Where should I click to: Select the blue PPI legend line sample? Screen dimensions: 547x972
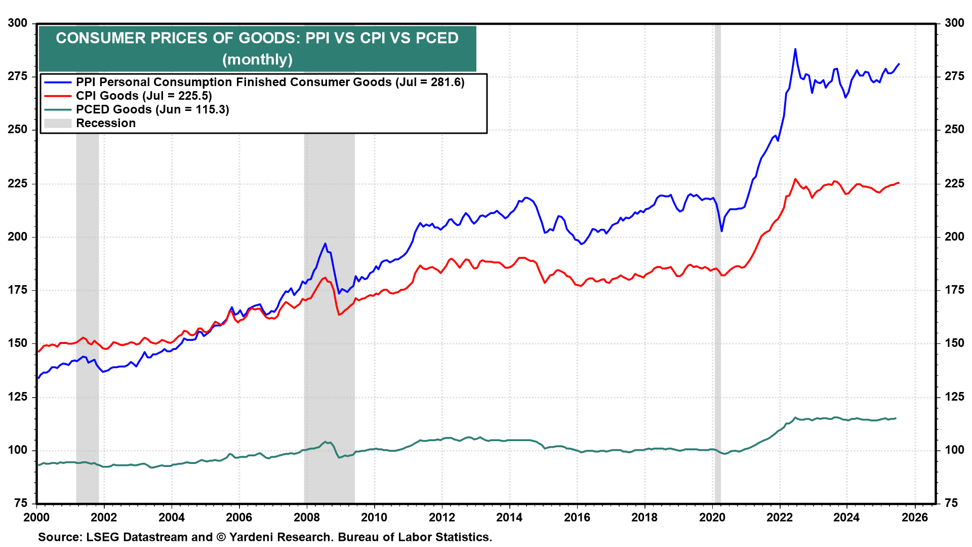pyautogui.click(x=58, y=82)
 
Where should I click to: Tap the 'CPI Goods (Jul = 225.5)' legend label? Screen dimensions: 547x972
pyautogui.click(x=144, y=96)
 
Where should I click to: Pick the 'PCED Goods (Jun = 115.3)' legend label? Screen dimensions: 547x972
pyautogui.click(x=152, y=109)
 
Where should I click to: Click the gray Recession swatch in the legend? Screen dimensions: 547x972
pyautogui.click(x=58, y=123)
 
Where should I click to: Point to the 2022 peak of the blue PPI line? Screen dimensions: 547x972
pyautogui.click(x=795, y=49)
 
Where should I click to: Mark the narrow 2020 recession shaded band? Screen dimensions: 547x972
pyautogui.click(x=717, y=304)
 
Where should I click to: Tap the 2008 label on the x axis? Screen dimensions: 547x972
pyautogui.click(x=307, y=517)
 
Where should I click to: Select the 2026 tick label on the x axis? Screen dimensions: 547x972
pyautogui.click(x=915, y=517)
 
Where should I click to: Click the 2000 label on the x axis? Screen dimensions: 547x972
pyautogui.click(x=36, y=517)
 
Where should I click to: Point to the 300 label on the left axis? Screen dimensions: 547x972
pyautogui.click(x=18, y=23)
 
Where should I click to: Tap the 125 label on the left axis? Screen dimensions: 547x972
pyautogui.click(x=18, y=397)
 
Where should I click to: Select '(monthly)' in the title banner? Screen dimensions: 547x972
pyautogui.click(x=257, y=59)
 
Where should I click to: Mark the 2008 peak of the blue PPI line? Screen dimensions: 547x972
pyautogui.click(x=325, y=244)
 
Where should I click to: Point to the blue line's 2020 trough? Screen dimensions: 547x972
pyautogui.click(x=721, y=231)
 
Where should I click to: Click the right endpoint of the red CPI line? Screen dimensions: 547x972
pyautogui.click(x=899, y=183)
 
